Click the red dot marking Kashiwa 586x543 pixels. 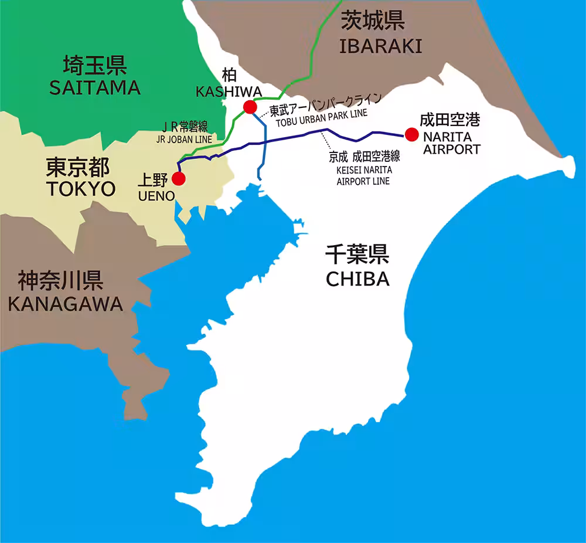click(x=250, y=107)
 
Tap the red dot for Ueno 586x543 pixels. click(x=179, y=178)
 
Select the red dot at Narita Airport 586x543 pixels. click(x=412, y=134)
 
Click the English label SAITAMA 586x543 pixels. click(x=95, y=88)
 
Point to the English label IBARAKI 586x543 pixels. click(x=381, y=46)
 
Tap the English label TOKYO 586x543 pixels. click(x=81, y=189)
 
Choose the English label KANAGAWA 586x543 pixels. click(x=65, y=303)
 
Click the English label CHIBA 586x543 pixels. click(x=357, y=279)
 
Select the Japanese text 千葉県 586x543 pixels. click(x=357, y=255)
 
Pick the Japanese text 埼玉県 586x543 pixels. click(x=96, y=65)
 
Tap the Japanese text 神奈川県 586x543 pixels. click(x=60, y=280)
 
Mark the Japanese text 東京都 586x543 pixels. click(x=78, y=168)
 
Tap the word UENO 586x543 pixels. click(x=156, y=196)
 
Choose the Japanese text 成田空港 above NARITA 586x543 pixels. click(x=449, y=120)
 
